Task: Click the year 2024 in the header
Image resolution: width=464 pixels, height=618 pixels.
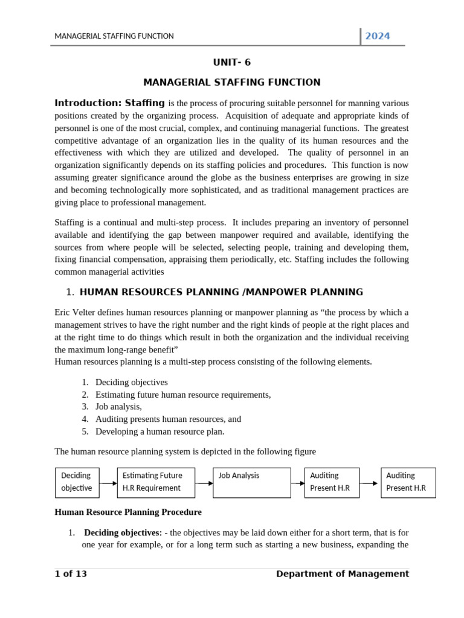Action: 378,36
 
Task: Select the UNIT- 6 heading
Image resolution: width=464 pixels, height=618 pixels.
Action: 232,63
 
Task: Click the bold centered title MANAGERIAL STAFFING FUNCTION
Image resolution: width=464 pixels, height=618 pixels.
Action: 232,83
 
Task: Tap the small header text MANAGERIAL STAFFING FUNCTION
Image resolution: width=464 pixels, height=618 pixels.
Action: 114,36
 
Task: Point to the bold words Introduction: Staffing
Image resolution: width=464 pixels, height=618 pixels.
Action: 109,103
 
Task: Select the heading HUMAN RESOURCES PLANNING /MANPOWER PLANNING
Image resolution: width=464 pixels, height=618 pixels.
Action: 221,292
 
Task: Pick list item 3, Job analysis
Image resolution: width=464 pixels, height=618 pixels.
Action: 118,407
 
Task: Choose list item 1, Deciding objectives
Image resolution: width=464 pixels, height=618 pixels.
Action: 131,382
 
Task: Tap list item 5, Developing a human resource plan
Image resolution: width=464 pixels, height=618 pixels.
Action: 159,432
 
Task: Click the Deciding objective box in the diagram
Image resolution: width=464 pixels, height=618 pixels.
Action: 77,482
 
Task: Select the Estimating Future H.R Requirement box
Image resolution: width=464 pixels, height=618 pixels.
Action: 156,482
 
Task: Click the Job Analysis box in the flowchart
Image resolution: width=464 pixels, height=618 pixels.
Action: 252,482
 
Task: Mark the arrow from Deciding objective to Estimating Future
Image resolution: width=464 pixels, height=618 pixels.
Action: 108,483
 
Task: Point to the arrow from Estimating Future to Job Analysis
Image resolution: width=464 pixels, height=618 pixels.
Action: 204,483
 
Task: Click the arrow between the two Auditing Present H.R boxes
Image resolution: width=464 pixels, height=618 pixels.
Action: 370,483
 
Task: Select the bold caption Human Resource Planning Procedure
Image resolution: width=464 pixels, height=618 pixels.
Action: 128,512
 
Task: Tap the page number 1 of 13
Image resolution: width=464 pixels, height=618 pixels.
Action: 71,574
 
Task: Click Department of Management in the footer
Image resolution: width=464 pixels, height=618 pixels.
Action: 342,574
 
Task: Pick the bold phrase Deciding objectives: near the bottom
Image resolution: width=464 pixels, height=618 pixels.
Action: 123,533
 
